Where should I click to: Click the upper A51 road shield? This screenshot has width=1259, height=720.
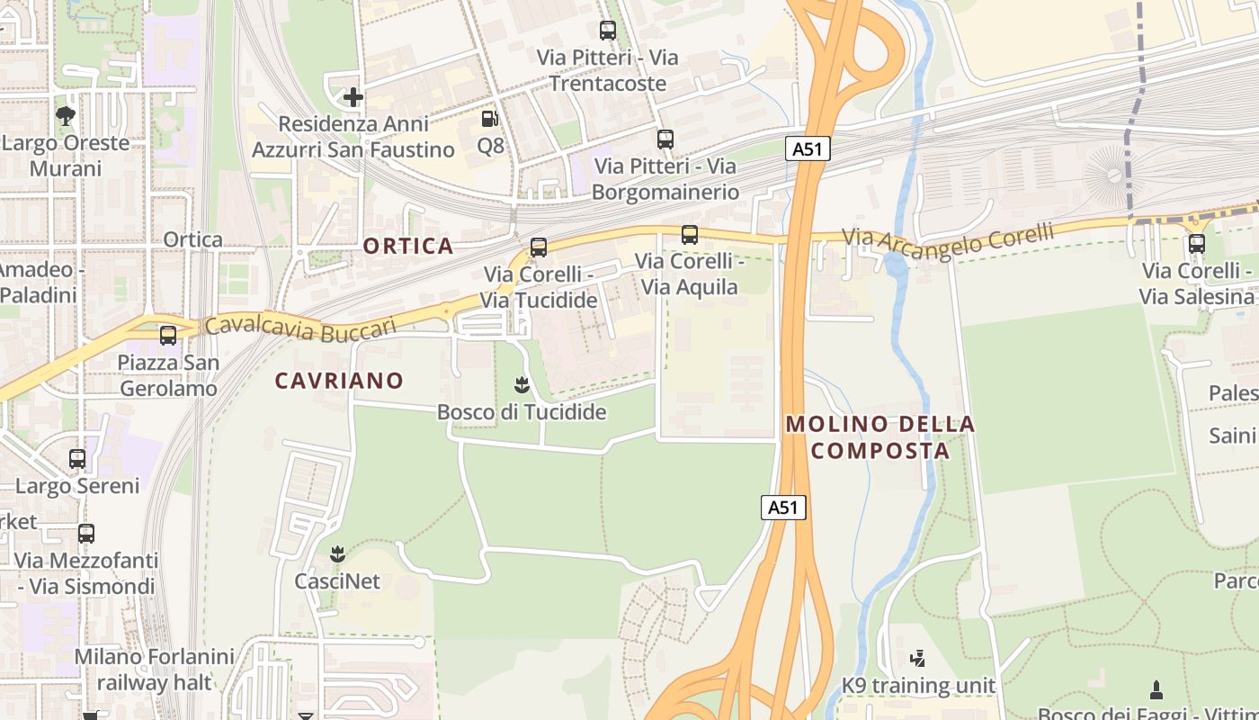[808, 148]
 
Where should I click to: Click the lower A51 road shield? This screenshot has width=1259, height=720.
[782, 507]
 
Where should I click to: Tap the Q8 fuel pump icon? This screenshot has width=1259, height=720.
[489, 118]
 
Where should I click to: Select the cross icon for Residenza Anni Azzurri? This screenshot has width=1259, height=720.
[353, 96]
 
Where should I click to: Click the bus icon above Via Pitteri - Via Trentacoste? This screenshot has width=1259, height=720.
[608, 31]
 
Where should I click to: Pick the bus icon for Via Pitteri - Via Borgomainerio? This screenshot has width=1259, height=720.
[665, 139]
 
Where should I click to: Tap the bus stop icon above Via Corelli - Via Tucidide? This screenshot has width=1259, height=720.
[539, 247]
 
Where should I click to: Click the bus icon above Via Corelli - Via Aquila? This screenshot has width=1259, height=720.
[690, 235]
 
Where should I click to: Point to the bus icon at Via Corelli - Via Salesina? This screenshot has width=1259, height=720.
[1196, 244]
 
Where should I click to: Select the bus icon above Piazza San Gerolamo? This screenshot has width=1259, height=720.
[168, 336]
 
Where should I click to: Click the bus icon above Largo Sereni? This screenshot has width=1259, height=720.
[77, 459]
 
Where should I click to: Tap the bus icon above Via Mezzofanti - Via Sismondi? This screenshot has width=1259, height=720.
[86, 533]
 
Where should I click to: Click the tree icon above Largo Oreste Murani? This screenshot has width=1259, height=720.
[65, 115]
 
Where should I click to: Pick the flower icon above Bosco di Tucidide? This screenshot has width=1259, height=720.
[522, 386]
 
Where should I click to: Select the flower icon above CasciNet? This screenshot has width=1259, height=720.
[337, 553]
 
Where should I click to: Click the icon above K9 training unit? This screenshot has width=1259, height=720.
[917, 659]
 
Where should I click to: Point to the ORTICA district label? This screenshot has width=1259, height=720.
[408, 246]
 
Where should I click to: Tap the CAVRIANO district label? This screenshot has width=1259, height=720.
[339, 381]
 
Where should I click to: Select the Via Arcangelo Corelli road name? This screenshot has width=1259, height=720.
[948, 239]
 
